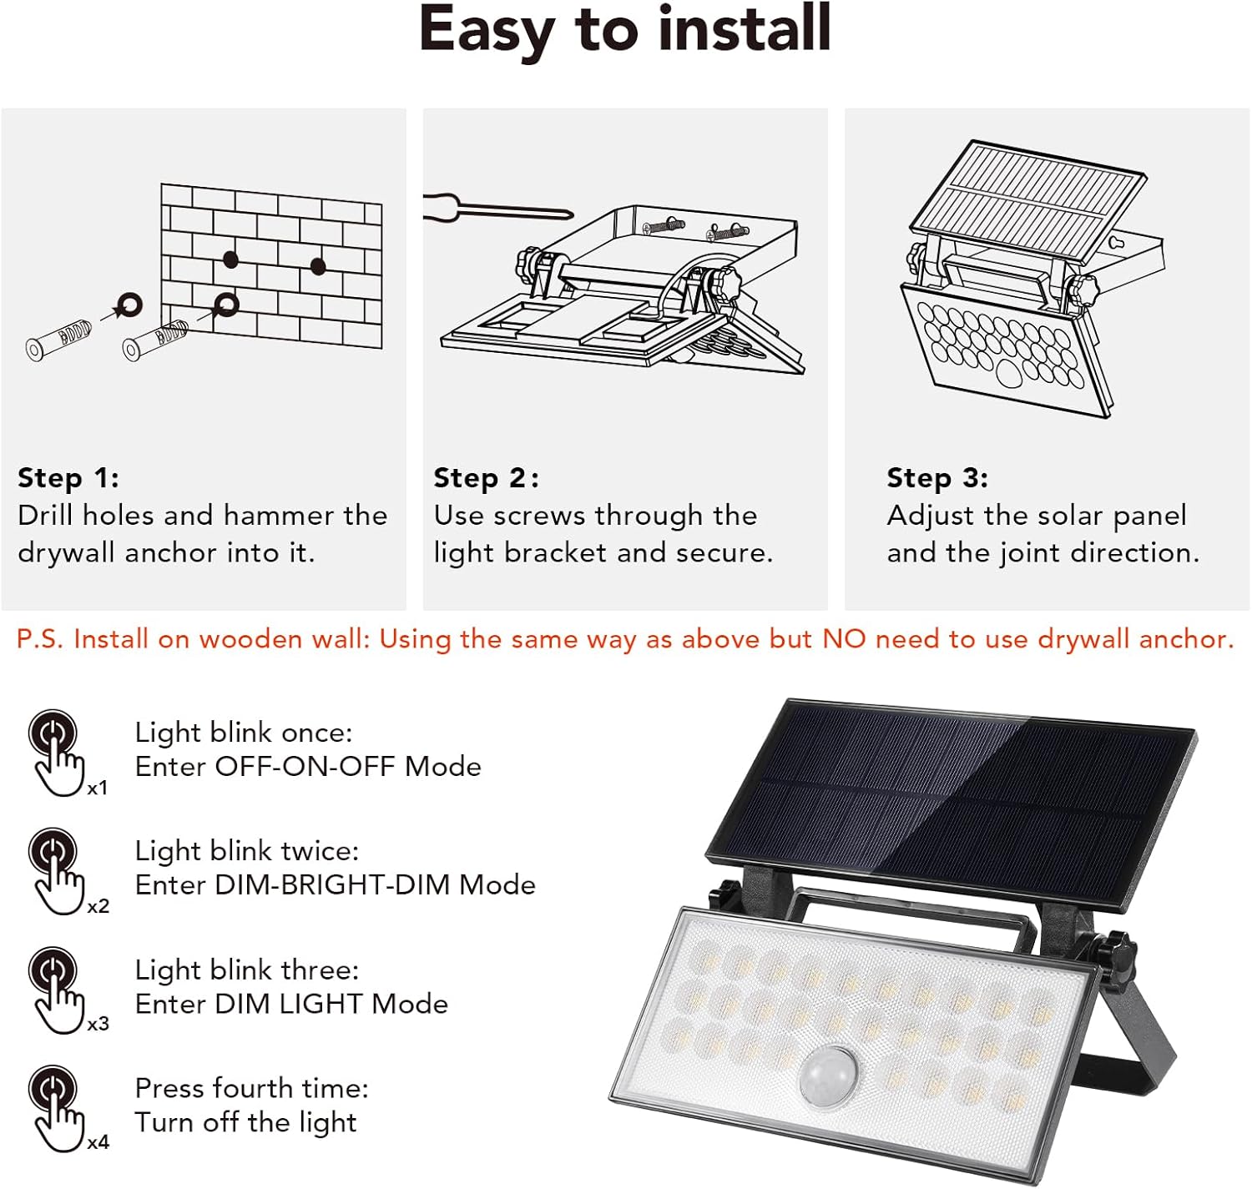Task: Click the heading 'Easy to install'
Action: point(624,30)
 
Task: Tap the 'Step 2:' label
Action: point(486,478)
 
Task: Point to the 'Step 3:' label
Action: point(937,478)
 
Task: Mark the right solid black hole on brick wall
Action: point(318,266)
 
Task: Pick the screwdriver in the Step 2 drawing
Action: point(492,207)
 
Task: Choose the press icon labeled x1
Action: point(58,752)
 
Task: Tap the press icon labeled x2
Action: point(58,870)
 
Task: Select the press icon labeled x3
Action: point(58,989)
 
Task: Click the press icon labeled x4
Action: point(58,1107)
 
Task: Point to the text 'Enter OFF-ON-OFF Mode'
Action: point(308,767)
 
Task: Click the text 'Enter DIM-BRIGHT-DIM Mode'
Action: point(335,885)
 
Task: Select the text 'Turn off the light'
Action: point(245,1123)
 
